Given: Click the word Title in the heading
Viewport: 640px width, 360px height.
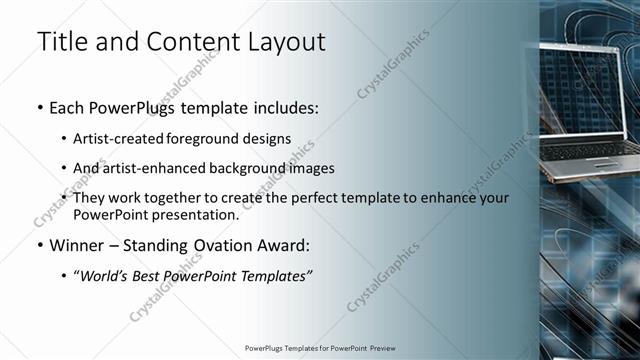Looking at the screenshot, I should tap(58, 42).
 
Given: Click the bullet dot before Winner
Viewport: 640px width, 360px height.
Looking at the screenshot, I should tap(38, 245).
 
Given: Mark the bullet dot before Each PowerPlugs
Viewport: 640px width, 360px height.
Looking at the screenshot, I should tap(38, 106).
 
